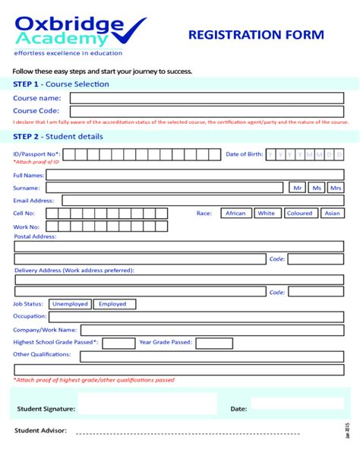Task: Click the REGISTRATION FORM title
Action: click(x=256, y=35)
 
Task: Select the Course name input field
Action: click(x=207, y=98)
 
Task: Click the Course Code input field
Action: click(x=207, y=111)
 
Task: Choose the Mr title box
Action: click(x=297, y=188)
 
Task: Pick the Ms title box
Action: click(x=316, y=188)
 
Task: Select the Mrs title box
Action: click(x=335, y=188)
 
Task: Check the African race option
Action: click(x=235, y=214)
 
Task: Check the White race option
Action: click(x=267, y=214)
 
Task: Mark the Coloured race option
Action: click(x=299, y=214)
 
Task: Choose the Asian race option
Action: click(x=333, y=214)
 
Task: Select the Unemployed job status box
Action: click(x=70, y=304)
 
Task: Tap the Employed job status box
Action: click(x=112, y=304)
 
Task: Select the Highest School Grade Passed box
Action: click(x=118, y=343)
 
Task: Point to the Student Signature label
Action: click(x=46, y=409)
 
